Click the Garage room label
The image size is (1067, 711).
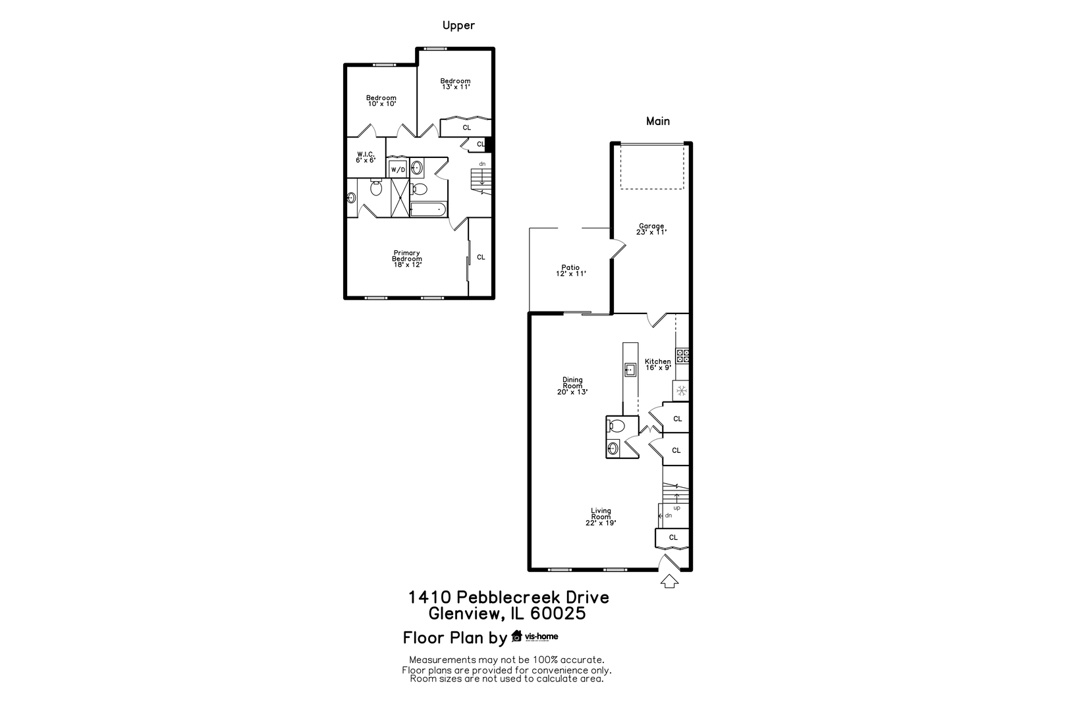tap(651, 229)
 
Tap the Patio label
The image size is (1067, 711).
tap(570, 271)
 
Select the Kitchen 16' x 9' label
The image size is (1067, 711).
tap(658, 364)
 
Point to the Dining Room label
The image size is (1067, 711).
tap(572, 386)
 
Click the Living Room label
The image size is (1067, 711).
tap(601, 517)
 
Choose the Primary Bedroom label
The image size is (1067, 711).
tap(407, 259)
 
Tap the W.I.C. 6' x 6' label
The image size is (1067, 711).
tap(366, 157)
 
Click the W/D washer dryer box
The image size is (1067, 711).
tap(398, 170)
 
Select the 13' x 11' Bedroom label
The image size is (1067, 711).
tap(455, 84)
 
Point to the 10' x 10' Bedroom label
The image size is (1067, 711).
tap(381, 101)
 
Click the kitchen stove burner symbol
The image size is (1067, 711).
tap(682, 355)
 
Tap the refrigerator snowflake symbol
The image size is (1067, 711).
tap(682, 391)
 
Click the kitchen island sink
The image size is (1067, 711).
tap(630, 369)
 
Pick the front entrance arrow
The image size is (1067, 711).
tap(670, 581)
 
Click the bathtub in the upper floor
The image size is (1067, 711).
tap(428, 209)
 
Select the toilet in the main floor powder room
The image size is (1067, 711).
tap(616, 425)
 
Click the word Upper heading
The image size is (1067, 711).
tap(458, 25)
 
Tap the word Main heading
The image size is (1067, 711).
tap(658, 121)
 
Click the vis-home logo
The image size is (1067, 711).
tap(534, 636)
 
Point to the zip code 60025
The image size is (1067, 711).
tap(558, 614)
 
